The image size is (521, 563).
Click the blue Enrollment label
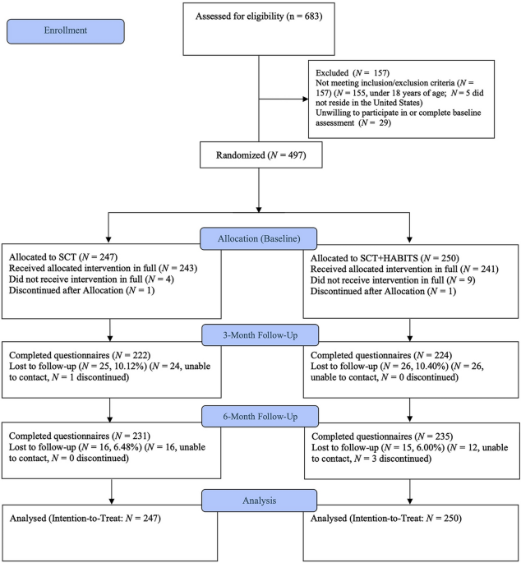click(x=66, y=31)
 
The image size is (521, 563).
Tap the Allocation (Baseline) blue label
click(x=259, y=239)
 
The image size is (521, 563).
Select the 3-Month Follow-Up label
click(x=260, y=335)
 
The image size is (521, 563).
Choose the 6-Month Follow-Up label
click(x=260, y=417)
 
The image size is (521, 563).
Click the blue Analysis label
click(x=259, y=501)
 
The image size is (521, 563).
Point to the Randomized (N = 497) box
click(x=261, y=155)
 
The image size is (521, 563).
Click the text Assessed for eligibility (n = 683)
click(x=259, y=16)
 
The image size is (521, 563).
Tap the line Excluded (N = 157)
click(x=353, y=73)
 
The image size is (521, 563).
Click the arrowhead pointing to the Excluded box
click(x=306, y=99)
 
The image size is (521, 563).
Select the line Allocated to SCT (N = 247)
click(x=63, y=257)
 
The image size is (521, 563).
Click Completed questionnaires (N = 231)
click(x=80, y=436)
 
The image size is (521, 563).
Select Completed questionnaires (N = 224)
click(x=381, y=355)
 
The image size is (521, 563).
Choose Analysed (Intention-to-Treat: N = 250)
click(x=386, y=518)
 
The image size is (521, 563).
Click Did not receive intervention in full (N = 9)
click(x=393, y=280)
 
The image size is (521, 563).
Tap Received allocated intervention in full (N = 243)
click(x=103, y=268)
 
